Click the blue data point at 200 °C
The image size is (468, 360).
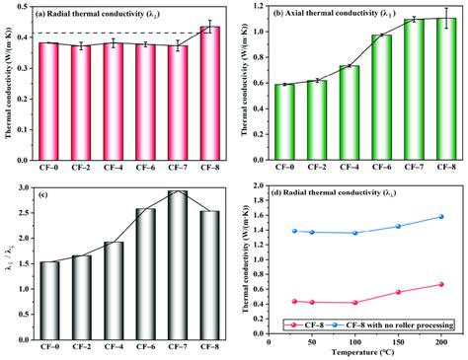tap(440, 217)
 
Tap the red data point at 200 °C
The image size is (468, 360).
tap(440, 284)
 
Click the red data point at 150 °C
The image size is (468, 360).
tap(398, 292)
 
